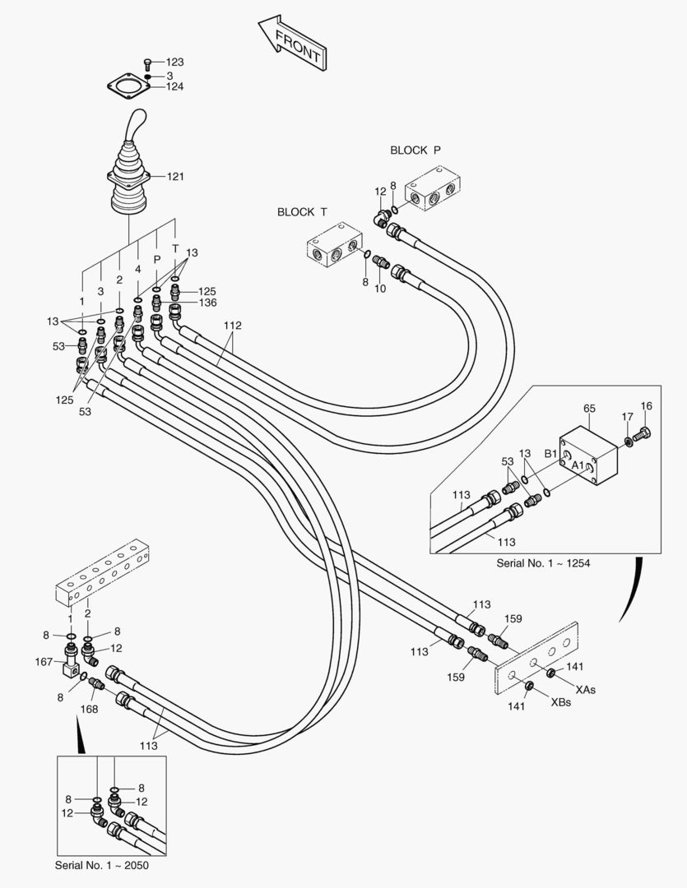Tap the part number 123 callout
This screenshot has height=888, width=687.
pyautogui.click(x=174, y=62)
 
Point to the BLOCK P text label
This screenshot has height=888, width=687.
pyautogui.click(x=415, y=150)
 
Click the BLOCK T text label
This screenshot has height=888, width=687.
pyautogui.click(x=302, y=211)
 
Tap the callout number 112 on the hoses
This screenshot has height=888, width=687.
pyautogui.click(x=232, y=326)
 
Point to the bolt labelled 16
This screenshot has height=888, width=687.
pyautogui.click(x=644, y=434)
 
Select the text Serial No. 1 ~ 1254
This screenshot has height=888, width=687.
pyautogui.click(x=543, y=563)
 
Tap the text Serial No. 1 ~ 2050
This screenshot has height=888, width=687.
pyautogui.click(x=102, y=865)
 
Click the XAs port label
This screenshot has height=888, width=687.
pyautogui.click(x=585, y=689)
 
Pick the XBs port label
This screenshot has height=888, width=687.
pyautogui.click(x=561, y=702)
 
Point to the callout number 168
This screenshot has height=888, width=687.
pyautogui.click(x=89, y=709)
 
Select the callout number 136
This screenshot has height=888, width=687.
pyautogui.click(x=207, y=303)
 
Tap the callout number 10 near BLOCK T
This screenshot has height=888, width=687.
pyautogui.click(x=379, y=288)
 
